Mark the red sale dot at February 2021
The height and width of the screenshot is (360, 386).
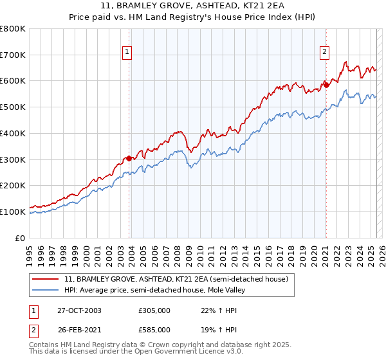326,84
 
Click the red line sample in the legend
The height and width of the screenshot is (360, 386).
45,279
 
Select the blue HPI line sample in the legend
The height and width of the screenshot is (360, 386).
45,290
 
